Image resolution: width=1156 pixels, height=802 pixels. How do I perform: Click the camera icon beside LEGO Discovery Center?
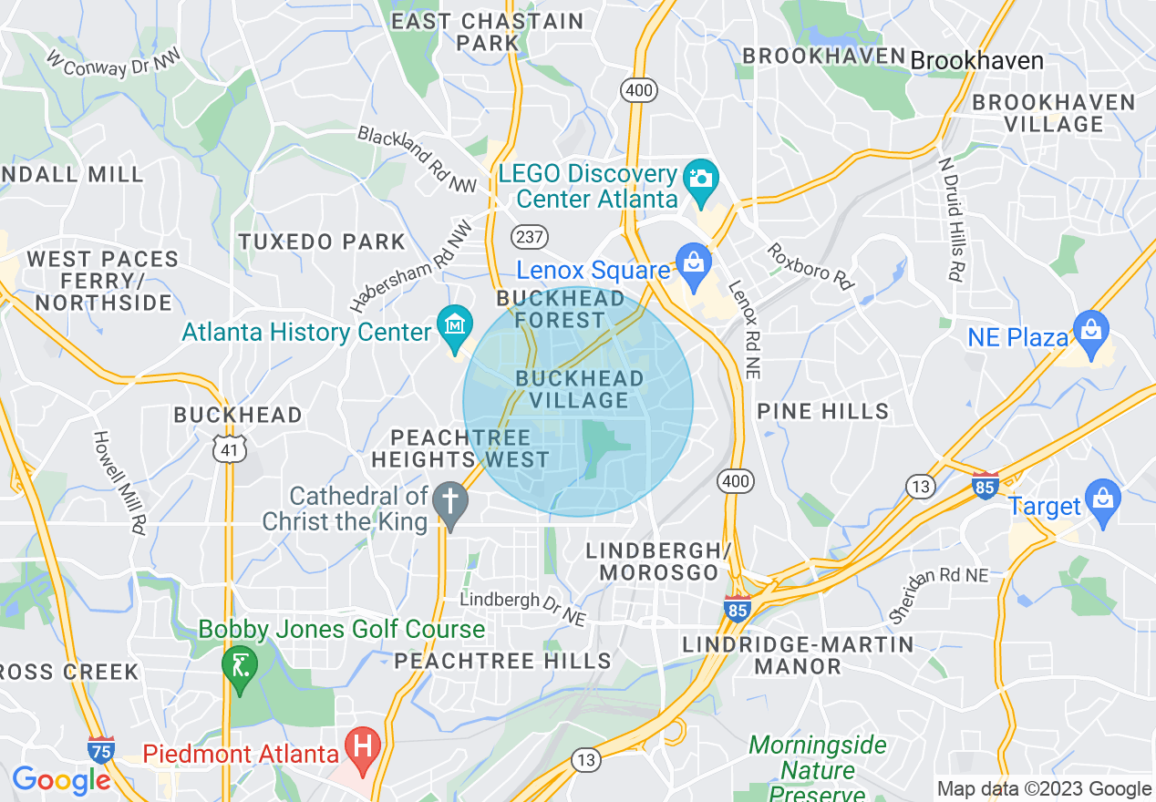point(700,177)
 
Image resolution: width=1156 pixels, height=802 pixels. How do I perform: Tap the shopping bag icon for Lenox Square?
point(694,263)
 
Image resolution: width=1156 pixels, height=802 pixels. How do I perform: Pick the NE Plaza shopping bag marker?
point(1089,330)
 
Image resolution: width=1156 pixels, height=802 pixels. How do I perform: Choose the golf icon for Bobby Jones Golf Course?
point(239,665)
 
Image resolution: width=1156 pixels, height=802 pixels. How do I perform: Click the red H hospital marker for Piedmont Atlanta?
point(364,749)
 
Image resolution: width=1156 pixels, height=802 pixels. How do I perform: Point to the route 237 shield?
point(529,237)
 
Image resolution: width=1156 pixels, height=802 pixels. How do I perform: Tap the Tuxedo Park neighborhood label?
point(322,242)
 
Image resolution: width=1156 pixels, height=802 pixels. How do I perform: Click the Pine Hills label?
point(823,411)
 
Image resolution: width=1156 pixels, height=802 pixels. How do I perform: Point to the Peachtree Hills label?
point(502,661)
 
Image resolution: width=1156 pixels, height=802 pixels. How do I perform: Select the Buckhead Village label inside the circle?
point(579,389)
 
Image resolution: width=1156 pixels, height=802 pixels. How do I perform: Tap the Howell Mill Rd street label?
point(119,482)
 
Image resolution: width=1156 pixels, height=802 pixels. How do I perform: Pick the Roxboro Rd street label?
point(810,266)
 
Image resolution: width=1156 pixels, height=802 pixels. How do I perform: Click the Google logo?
point(61,780)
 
